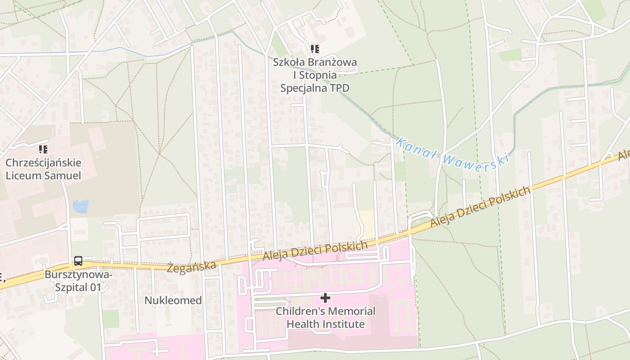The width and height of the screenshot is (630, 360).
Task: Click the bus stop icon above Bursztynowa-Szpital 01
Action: pos(78,261)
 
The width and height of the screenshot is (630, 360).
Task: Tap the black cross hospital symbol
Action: pos(325,298)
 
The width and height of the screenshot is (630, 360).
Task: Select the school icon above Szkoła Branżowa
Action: pos(315,49)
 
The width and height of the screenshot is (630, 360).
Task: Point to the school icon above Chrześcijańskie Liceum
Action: pos(43,149)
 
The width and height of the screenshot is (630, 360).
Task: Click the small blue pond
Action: pos(81,206)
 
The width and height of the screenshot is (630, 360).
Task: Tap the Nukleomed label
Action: pos(173,301)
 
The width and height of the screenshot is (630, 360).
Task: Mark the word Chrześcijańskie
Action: pos(43,162)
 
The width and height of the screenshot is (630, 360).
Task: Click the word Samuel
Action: pos(63,175)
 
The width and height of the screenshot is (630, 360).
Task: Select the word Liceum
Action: pos(24,175)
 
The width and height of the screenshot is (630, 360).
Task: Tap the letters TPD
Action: pos(339,88)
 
